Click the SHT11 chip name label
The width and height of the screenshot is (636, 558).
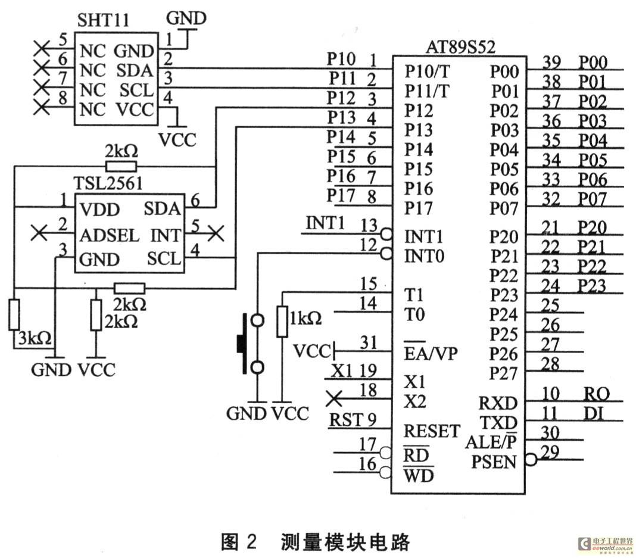[103, 20]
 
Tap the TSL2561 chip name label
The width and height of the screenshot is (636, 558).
[108, 183]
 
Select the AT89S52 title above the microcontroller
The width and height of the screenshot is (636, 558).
[460, 47]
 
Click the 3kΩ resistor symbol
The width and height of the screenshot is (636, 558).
[14, 314]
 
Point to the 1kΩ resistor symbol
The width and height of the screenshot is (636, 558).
[282, 322]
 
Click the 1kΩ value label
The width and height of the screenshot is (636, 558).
[305, 319]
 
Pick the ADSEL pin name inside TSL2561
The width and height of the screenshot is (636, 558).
[110, 235]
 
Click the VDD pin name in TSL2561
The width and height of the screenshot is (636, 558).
[100, 210]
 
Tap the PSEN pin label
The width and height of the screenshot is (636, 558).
[494, 462]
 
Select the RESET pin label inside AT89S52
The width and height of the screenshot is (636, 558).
[432, 431]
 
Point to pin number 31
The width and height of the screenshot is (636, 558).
[369, 342]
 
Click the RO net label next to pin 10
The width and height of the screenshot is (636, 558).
[596, 394]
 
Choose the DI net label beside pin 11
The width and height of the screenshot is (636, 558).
[594, 413]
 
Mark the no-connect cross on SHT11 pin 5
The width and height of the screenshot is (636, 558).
[41, 49]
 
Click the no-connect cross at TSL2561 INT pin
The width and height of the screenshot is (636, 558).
[216, 233]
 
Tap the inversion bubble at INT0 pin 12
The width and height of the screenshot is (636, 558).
[386, 254]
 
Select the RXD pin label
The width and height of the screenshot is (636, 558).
[498, 403]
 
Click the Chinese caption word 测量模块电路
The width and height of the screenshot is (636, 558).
[345, 542]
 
